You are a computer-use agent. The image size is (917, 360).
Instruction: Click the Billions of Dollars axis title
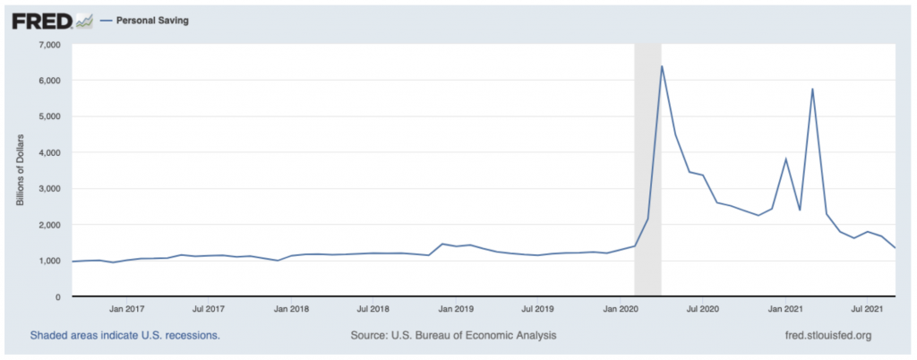pyautogui.click(x=21, y=170)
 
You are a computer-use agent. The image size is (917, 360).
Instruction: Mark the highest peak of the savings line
pyautogui.click(x=661, y=66)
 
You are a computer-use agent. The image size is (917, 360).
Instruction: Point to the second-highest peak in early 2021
pyautogui.click(x=812, y=89)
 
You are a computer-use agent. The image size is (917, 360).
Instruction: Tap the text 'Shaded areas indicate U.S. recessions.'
pyautogui.click(x=125, y=336)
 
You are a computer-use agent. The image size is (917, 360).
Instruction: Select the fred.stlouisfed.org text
pyautogui.click(x=827, y=336)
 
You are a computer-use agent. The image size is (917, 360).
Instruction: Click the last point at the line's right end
pyautogui.click(x=896, y=248)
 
